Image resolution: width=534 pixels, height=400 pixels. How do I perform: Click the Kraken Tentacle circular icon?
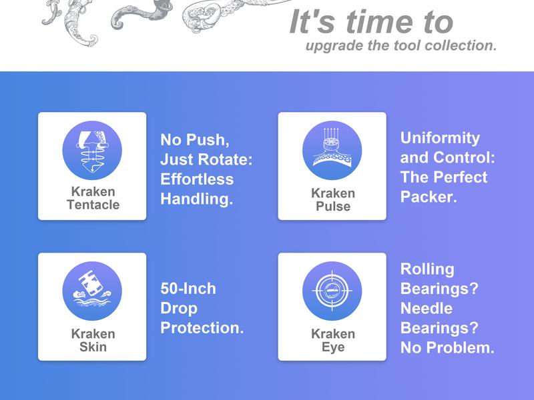click(x=92, y=151)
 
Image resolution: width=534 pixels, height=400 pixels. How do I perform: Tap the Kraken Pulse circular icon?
click(x=332, y=151)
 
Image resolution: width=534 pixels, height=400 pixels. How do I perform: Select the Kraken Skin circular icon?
click(x=92, y=291)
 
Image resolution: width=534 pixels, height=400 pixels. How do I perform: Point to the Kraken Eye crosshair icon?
click(x=332, y=291)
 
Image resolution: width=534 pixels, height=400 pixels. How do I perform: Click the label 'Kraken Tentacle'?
click(x=93, y=198)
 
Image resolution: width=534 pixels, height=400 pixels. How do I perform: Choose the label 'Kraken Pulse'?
click(x=333, y=199)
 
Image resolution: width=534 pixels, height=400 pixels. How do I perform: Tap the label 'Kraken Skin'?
click(x=93, y=340)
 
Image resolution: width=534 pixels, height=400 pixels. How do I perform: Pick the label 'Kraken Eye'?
click(x=333, y=340)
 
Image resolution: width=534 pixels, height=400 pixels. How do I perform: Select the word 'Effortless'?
click(x=197, y=179)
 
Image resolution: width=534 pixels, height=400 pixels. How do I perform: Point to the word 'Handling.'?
click(x=196, y=199)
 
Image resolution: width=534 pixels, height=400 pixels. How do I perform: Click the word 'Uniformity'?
click(x=440, y=138)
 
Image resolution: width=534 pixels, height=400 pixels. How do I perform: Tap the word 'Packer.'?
click(x=429, y=197)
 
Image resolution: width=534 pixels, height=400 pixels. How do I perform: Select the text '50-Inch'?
click(x=188, y=289)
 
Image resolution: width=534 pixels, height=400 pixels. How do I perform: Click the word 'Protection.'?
click(x=202, y=327)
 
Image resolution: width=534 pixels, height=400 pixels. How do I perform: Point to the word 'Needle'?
click(x=427, y=308)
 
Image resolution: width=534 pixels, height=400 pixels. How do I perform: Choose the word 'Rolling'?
click(x=427, y=269)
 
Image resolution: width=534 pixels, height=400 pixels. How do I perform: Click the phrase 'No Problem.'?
click(x=447, y=347)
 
